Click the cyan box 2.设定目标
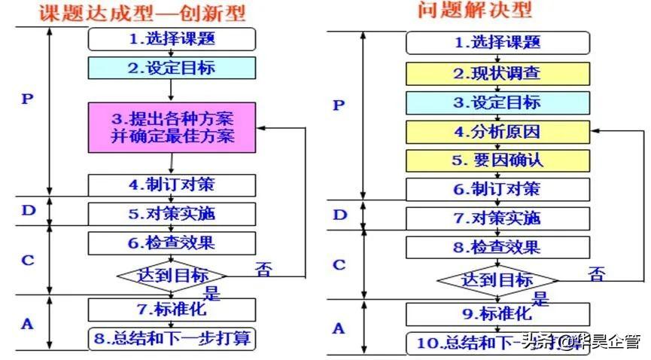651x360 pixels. (x=172, y=69)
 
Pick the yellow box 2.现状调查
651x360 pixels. (x=497, y=74)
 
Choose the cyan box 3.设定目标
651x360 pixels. (x=497, y=102)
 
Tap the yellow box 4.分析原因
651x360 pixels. (x=497, y=132)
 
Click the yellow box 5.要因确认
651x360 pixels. (x=497, y=160)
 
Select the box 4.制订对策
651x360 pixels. (x=172, y=185)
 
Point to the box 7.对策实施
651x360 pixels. (x=497, y=218)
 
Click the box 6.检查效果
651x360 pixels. (x=172, y=243)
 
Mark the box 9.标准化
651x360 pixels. (x=497, y=313)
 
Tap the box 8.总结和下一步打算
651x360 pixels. (x=172, y=339)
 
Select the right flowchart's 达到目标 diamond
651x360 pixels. (x=497, y=279)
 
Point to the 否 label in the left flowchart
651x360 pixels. (x=263, y=267)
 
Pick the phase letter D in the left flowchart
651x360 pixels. (x=29, y=210)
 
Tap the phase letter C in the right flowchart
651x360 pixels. (x=339, y=264)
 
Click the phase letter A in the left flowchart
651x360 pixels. (x=28, y=324)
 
